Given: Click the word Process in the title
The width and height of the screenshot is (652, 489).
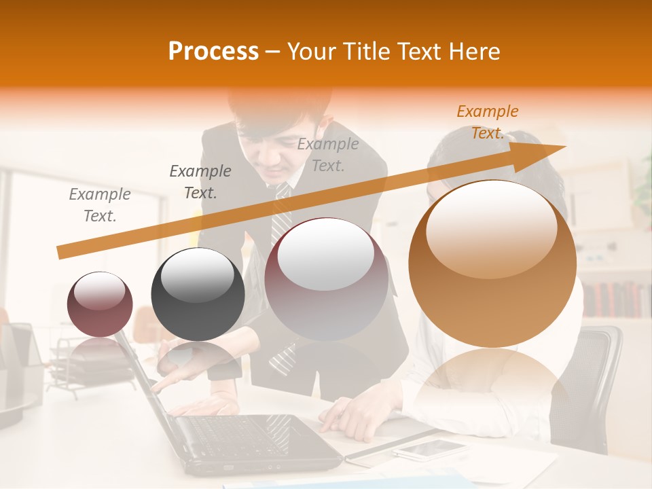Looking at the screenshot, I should click(213, 52).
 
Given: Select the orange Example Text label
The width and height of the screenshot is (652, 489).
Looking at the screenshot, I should click(487, 122).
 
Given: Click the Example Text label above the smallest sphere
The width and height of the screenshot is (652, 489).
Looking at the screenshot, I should click(100, 205).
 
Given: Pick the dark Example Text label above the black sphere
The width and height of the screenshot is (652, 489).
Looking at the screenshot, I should click(200, 182).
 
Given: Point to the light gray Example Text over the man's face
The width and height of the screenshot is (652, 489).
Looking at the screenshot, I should click(328, 154).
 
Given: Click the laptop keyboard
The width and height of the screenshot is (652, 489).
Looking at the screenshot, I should click(238, 432).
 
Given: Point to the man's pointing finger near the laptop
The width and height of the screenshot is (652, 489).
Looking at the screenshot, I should click(158, 386).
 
